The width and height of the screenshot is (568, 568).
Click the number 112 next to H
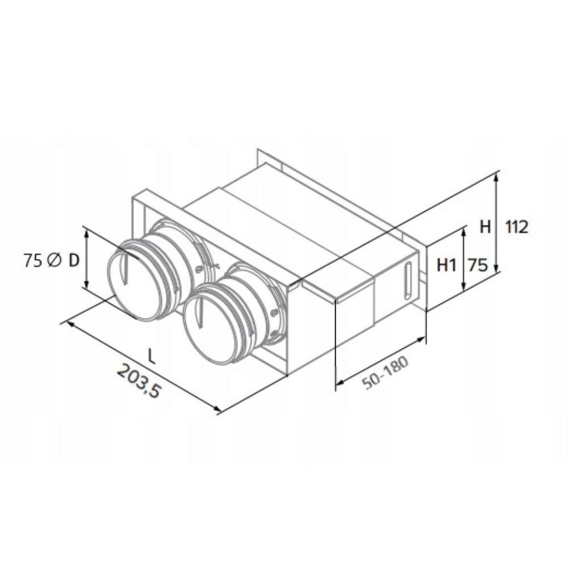pyautogui.click(x=516, y=227)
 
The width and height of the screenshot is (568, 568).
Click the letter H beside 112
pyautogui.click(x=485, y=227)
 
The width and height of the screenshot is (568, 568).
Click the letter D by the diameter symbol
pyautogui.click(x=73, y=261)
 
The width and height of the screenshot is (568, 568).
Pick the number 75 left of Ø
pyautogui.click(x=33, y=261)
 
